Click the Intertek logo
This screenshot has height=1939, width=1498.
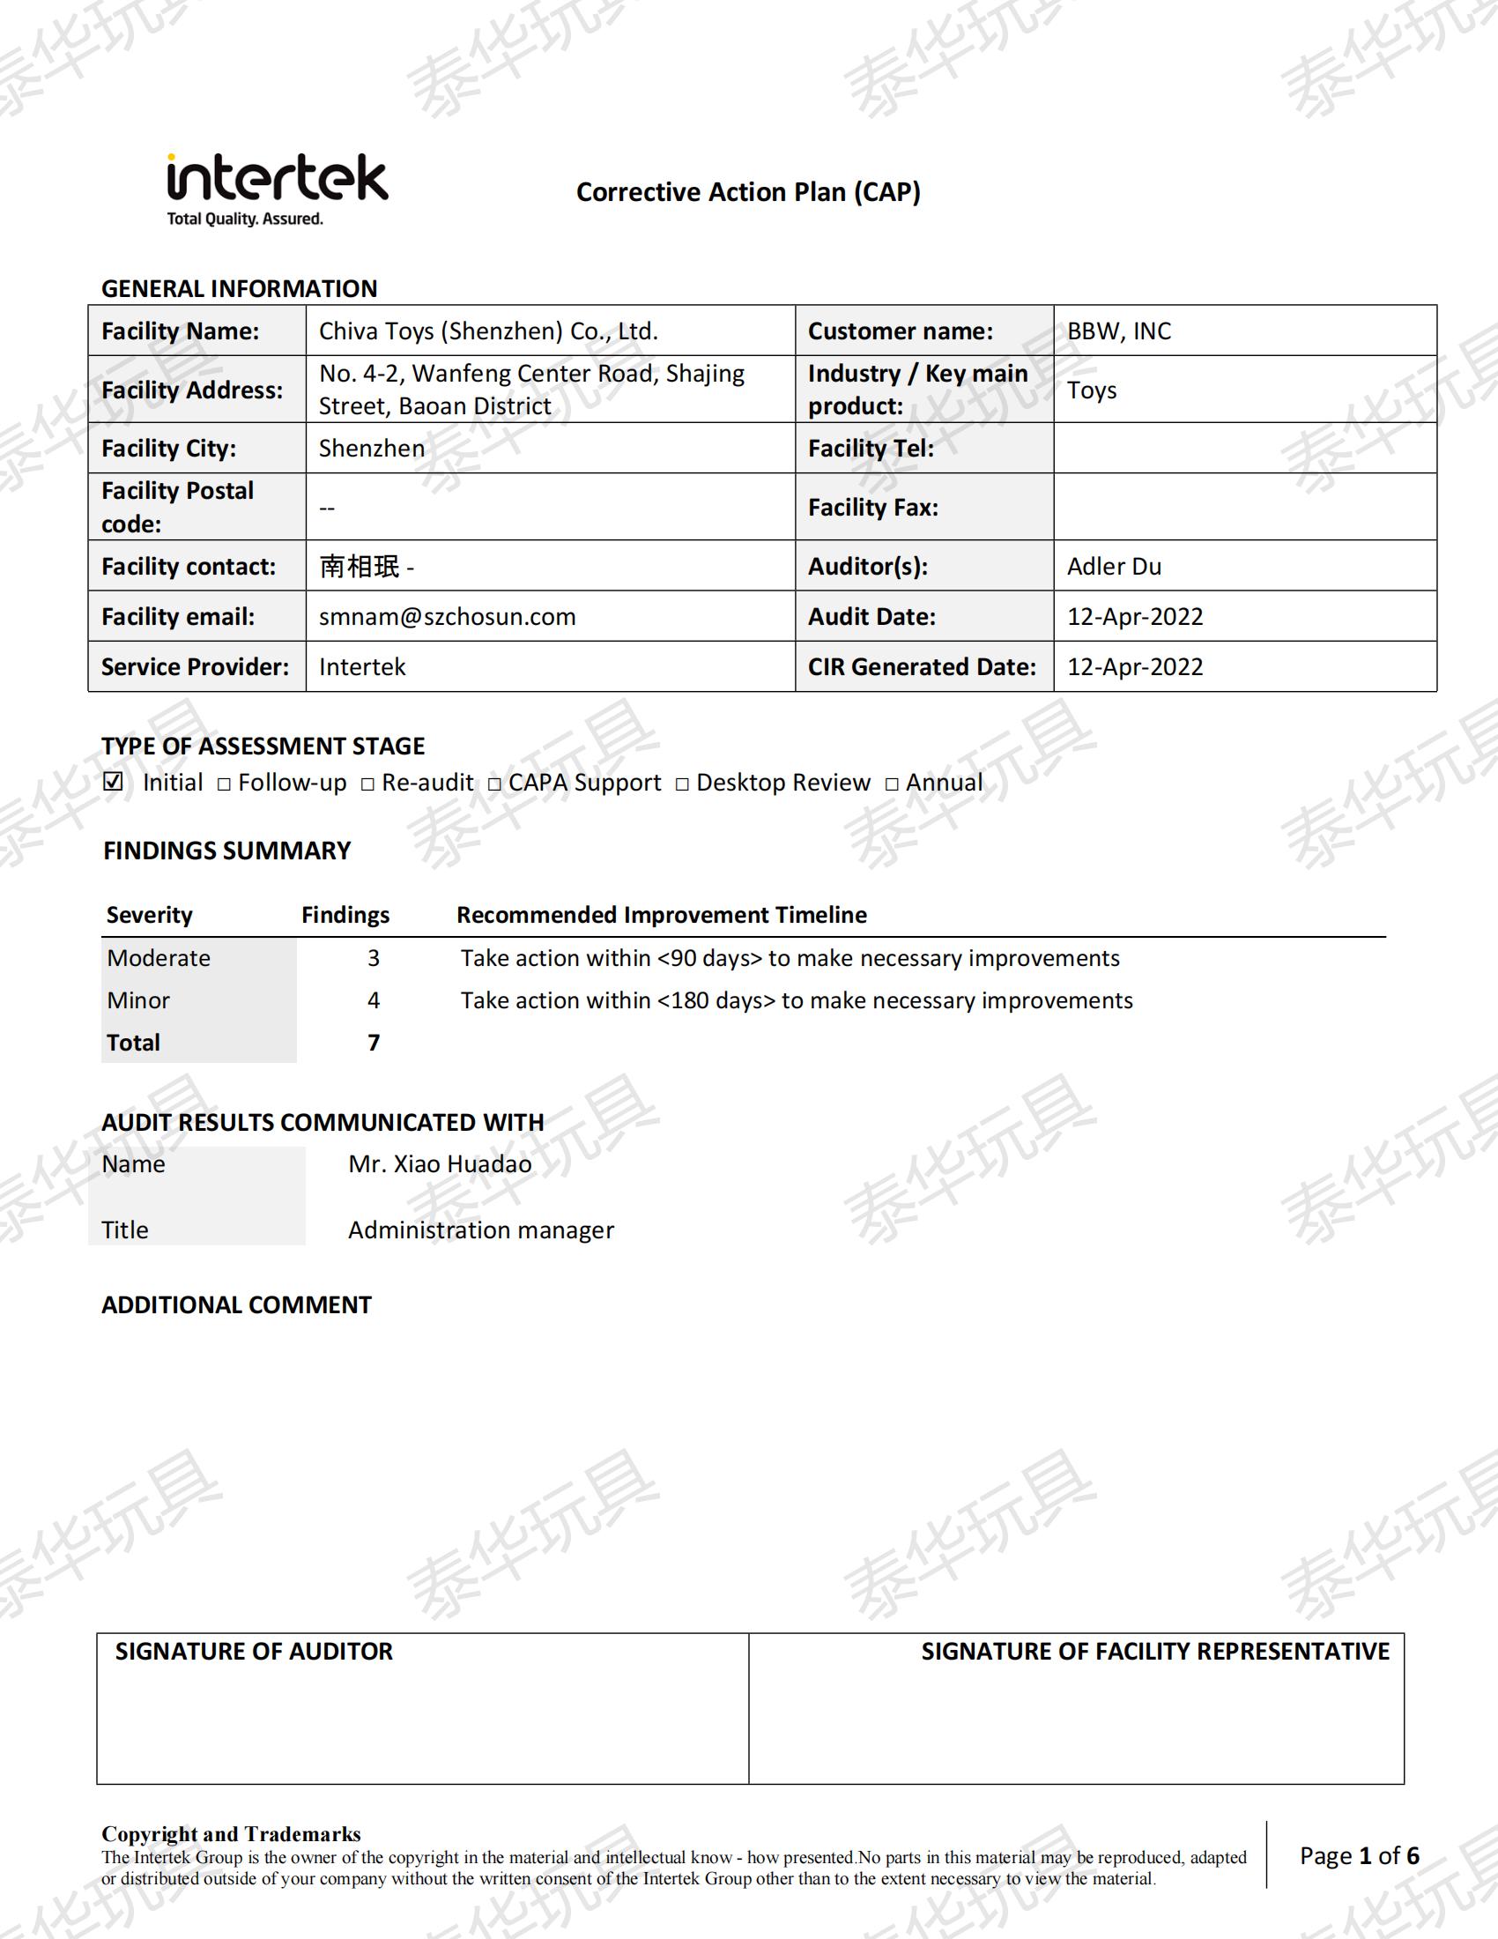tap(276, 189)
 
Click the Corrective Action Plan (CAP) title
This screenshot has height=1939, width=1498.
tap(748, 192)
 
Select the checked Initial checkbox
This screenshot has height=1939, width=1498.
tap(114, 781)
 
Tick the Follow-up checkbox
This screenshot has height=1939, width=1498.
tap(224, 784)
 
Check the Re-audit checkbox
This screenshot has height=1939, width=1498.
tap(367, 784)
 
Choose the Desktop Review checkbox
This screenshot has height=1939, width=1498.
tap(681, 784)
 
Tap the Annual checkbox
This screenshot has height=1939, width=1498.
tap(892, 784)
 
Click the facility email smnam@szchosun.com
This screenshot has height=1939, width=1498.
tap(448, 616)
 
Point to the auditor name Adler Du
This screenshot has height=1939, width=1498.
tap(1114, 566)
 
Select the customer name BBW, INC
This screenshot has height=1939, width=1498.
tap(1119, 331)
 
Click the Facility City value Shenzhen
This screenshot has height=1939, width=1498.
tap(372, 448)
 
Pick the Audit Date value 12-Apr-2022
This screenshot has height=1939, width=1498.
tap(1135, 616)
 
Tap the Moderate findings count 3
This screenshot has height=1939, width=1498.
tap(374, 958)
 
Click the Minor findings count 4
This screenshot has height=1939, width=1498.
tap(374, 1000)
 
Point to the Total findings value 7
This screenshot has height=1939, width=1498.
tap(374, 1043)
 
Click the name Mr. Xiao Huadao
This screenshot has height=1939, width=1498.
tap(441, 1164)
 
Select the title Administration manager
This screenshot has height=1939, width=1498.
tap(481, 1230)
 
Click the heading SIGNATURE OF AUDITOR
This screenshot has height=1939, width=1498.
tap(254, 1651)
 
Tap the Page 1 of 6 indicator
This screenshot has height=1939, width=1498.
tap(1359, 1855)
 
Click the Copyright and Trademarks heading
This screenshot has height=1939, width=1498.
tap(231, 1833)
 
